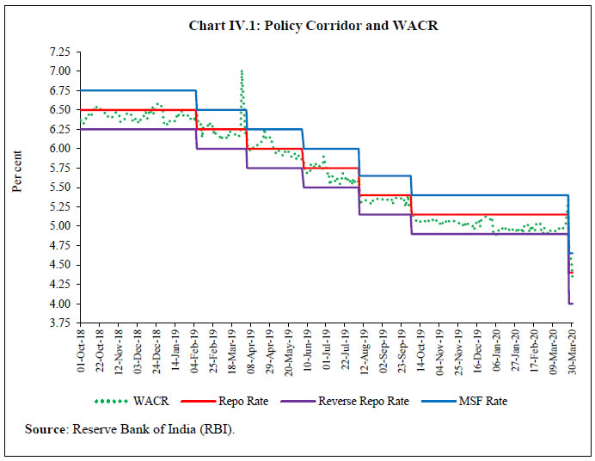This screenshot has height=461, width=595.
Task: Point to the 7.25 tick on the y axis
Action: (x=59, y=52)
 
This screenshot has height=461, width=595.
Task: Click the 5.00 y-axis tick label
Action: (x=59, y=226)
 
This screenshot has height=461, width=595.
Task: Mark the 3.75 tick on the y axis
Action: (x=59, y=323)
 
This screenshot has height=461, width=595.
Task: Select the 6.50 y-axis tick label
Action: (x=59, y=110)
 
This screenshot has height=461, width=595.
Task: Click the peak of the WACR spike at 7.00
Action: (x=242, y=71)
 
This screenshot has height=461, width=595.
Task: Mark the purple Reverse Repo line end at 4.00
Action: (x=573, y=304)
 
